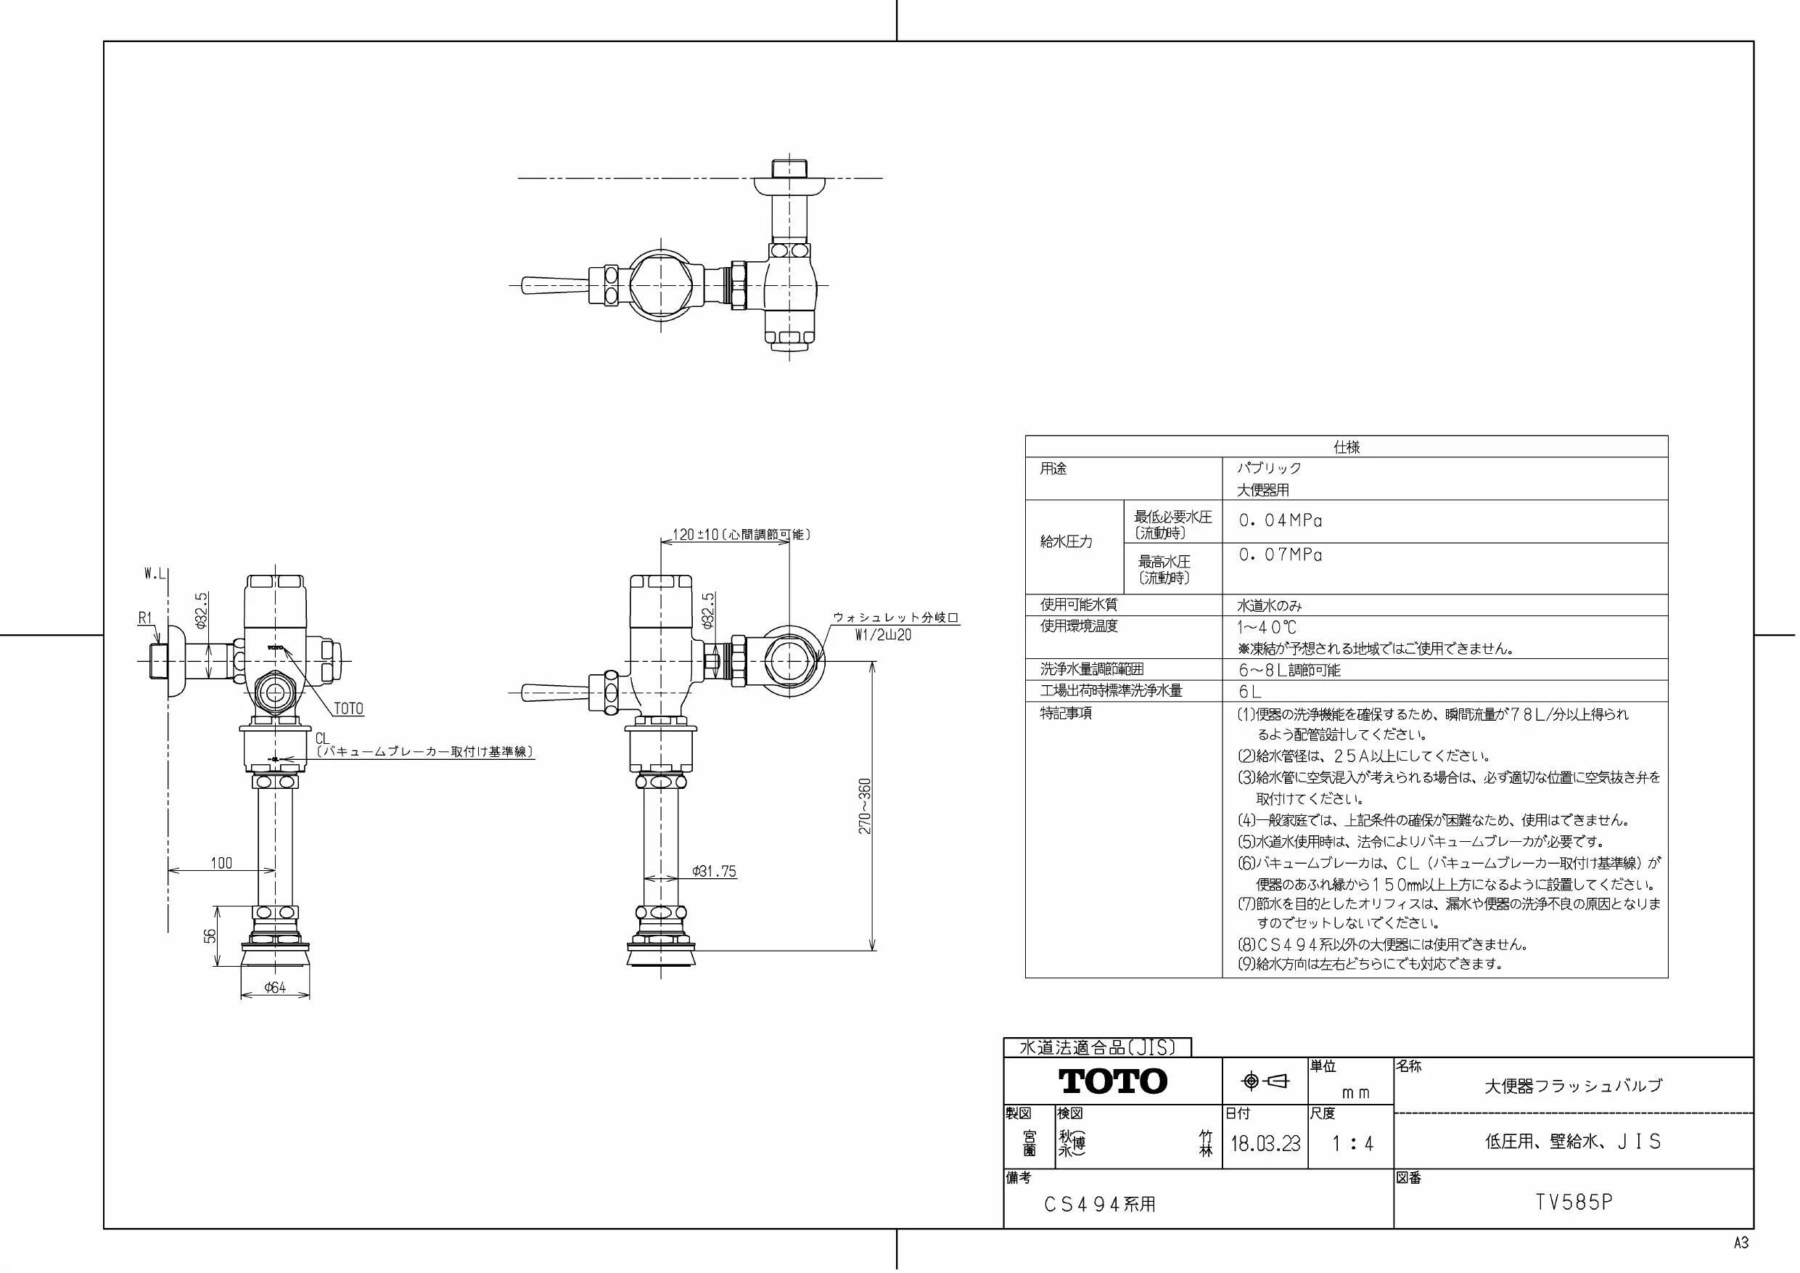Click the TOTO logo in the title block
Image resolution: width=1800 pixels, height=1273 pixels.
(x=1113, y=1081)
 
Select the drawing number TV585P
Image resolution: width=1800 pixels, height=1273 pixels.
(x=1574, y=1203)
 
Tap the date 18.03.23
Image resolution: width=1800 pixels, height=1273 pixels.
(x=1265, y=1143)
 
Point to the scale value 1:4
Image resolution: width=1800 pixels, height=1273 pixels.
(x=1353, y=1144)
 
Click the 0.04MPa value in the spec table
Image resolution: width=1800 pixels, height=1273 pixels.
(x=1281, y=521)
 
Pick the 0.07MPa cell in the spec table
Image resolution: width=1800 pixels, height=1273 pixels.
(x=1281, y=555)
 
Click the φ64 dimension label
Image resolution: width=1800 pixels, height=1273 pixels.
(x=275, y=988)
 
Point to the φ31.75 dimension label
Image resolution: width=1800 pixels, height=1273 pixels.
(x=714, y=872)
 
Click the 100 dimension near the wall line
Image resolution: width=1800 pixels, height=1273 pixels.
(x=221, y=863)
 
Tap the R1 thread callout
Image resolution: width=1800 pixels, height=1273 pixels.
(x=145, y=618)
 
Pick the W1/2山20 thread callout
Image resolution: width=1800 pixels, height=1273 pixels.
(x=883, y=635)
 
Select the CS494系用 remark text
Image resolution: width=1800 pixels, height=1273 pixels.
(x=1100, y=1204)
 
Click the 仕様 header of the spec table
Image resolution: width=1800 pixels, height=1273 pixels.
(x=1347, y=447)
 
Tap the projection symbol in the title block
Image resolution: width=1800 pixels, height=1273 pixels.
(x=1265, y=1081)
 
